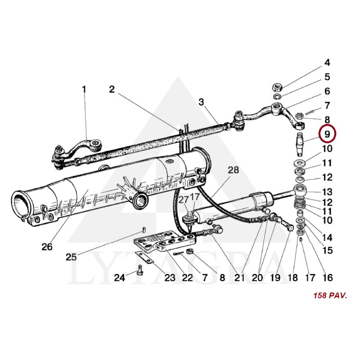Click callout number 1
84,90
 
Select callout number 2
112,90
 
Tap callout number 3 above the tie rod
201,102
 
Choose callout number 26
47,247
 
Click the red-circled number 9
327,134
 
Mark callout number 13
327,191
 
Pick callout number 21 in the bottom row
239,278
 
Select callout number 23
170,278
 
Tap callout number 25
71,257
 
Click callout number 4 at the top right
327,63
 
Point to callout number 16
327,278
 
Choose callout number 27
184,200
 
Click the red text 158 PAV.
330,296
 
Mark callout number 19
274,278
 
